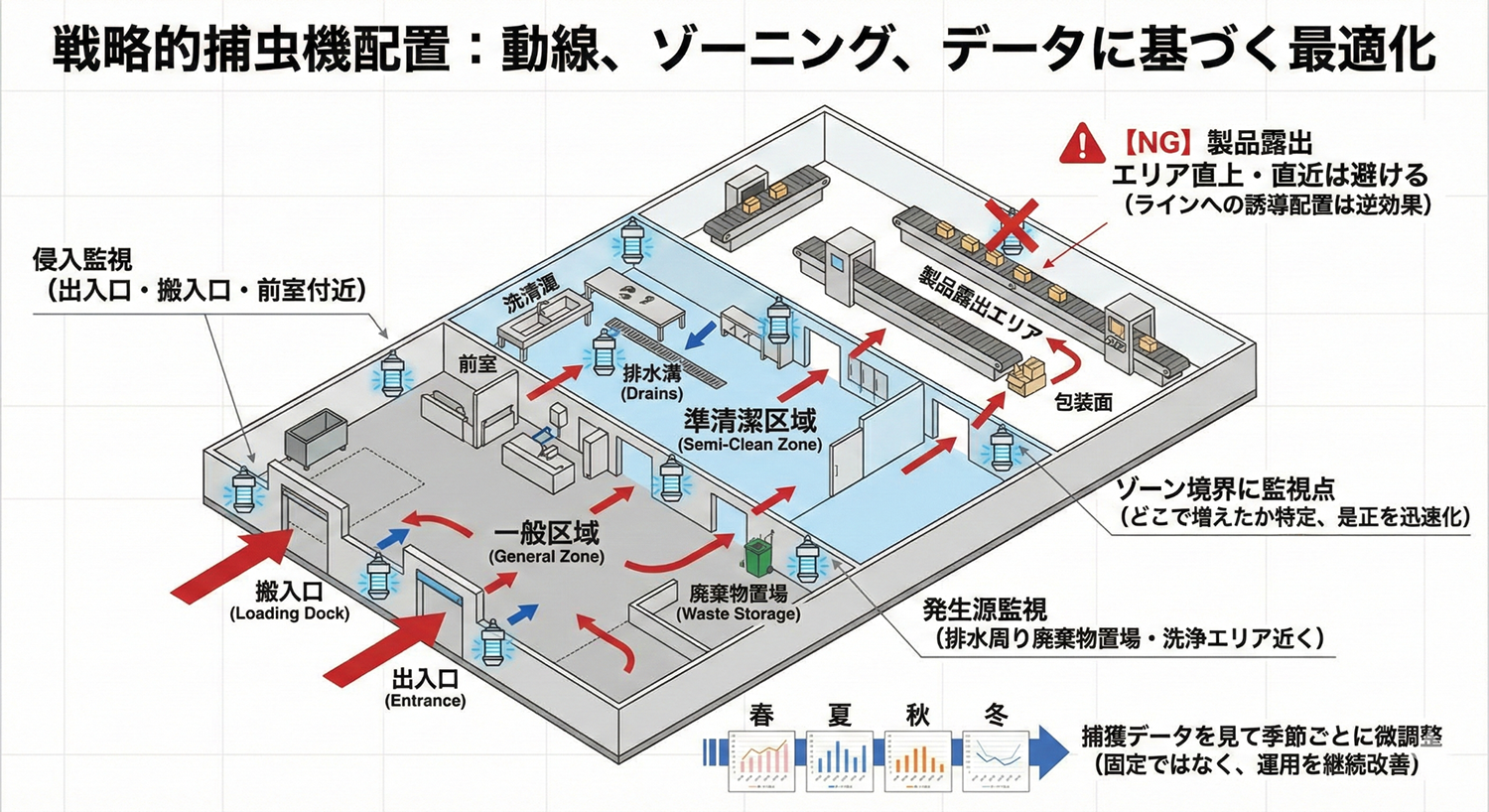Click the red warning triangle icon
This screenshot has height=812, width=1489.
[1083, 143]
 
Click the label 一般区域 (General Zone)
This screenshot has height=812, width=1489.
[546, 541]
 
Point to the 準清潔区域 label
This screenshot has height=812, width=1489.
[750, 428]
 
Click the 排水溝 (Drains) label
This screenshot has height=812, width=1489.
[652, 382]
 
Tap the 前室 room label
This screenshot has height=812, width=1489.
[477, 364]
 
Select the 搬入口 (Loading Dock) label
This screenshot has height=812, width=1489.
[289, 601]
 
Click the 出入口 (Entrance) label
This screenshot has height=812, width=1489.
[425, 688]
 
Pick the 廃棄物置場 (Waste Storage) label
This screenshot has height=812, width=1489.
[739, 603]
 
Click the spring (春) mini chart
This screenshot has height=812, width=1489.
[763, 761]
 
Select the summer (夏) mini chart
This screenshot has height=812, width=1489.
[840, 761]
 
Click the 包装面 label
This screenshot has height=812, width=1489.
[1082, 402]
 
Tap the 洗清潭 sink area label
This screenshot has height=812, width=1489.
[532, 295]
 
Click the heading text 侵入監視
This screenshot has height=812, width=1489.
[81, 261]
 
